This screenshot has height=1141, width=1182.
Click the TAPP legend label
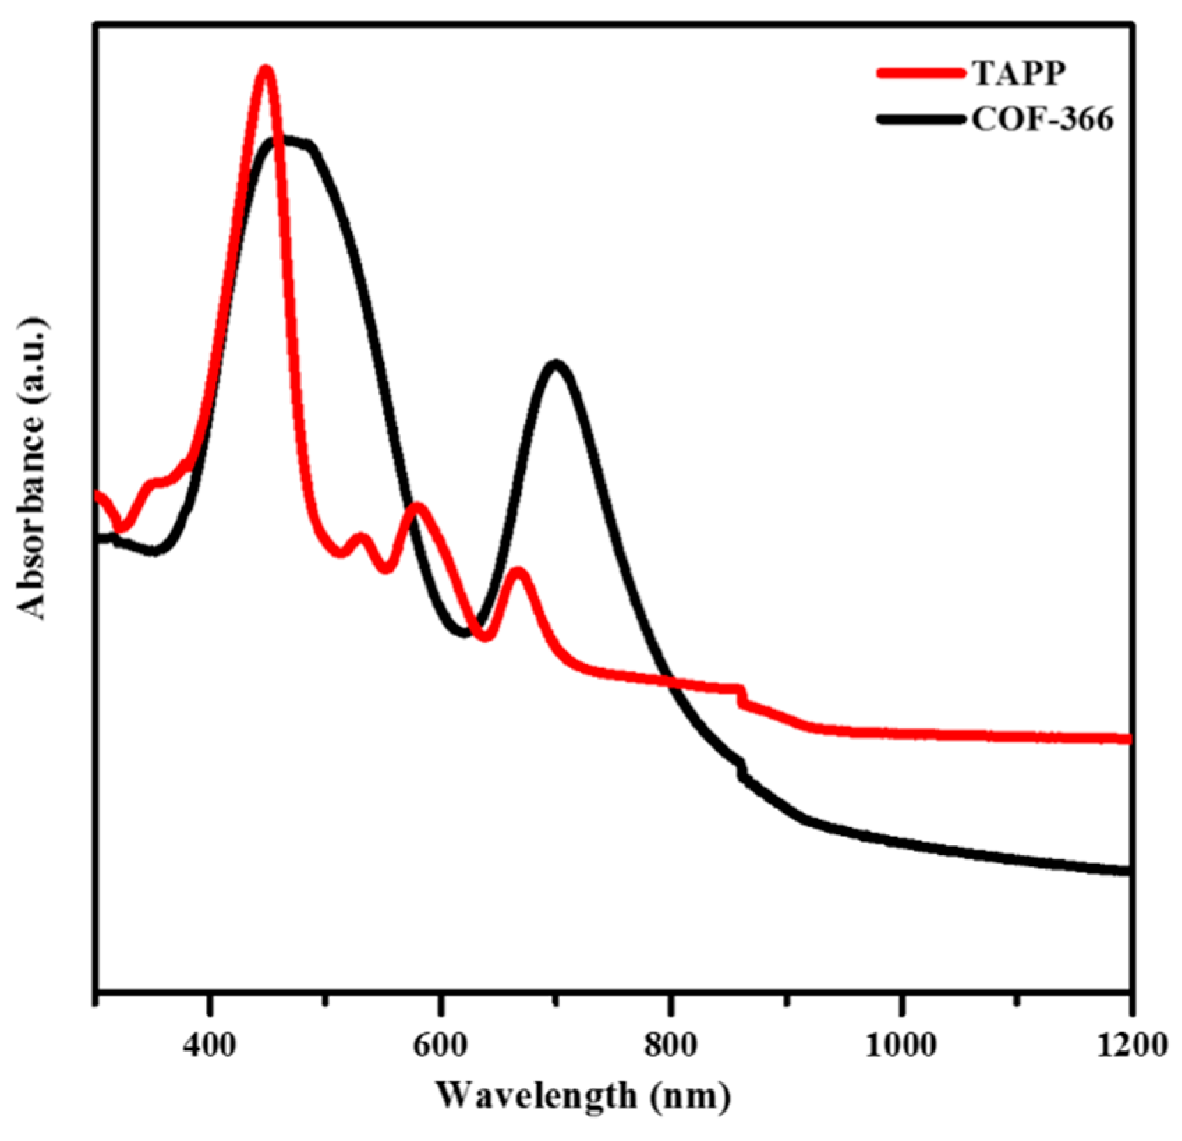(x=1018, y=72)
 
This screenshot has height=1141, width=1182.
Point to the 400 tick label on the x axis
(x=209, y=1046)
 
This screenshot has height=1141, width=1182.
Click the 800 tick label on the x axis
(x=670, y=1046)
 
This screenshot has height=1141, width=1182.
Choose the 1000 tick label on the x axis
(x=901, y=1046)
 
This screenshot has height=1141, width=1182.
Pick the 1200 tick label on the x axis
(x=1130, y=1046)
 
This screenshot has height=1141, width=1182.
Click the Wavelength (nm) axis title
(x=583, y=1095)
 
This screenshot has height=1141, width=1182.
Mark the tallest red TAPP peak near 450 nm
(x=266, y=70)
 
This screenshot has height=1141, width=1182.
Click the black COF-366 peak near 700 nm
(x=555, y=365)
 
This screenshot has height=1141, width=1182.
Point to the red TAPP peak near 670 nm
(x=518, y=572)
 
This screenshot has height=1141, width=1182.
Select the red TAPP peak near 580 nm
(x=417, y=507)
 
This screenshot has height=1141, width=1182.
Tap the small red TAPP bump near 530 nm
(x=361, y=537)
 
